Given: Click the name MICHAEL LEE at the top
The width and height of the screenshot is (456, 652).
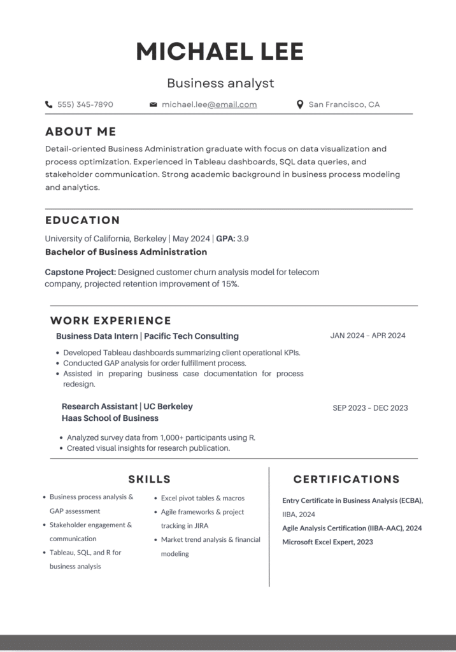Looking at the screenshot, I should point(220,52).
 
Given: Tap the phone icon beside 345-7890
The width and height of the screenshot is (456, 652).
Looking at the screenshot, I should point(49,104).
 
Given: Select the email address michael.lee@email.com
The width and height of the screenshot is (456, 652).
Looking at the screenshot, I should point(209,104).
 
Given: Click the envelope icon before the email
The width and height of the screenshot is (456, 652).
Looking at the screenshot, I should point(153,104).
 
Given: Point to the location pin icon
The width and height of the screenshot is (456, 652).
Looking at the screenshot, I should point(300,104).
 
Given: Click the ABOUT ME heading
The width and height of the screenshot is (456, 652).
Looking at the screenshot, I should point(81,132).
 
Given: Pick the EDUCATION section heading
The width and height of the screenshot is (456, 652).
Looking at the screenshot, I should point(83,220).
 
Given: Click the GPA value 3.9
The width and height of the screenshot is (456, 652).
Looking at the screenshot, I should point(243,239).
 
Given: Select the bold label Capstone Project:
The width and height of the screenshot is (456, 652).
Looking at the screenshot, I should point(80,272).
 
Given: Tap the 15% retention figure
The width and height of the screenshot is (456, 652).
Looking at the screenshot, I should point(228,284).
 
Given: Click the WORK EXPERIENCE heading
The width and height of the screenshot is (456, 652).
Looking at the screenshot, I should point(111,321).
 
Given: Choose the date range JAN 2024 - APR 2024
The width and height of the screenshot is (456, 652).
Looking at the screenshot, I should point(367,336).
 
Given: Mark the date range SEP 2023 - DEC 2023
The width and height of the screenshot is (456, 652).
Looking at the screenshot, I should point(370,408).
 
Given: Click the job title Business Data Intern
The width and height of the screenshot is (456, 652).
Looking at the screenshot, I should point(96,336).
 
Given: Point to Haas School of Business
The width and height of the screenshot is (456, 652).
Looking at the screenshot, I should point(110,418).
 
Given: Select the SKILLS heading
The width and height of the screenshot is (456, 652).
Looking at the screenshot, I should point(150,479).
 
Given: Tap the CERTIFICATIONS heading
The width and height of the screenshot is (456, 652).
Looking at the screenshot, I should point(346,479).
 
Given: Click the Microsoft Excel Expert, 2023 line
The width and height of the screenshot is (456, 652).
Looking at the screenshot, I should point(327,542).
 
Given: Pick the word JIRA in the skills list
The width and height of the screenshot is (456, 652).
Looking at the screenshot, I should point(200,526).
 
